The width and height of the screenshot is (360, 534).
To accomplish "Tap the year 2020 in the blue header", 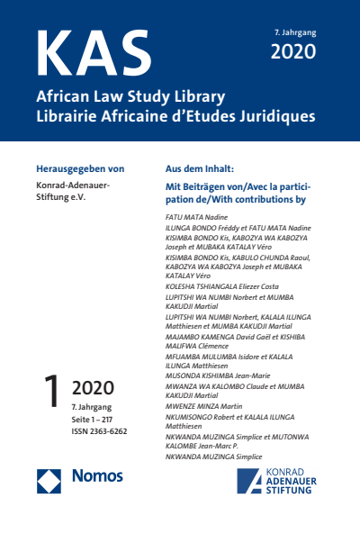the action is pos(293,51).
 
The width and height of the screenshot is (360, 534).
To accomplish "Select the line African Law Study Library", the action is pos(130,96).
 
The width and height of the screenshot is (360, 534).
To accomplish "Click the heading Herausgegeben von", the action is pos(80,168).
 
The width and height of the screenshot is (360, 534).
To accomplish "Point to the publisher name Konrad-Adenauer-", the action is pos(73,186).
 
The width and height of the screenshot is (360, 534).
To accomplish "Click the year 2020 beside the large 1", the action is pos(93,389).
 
